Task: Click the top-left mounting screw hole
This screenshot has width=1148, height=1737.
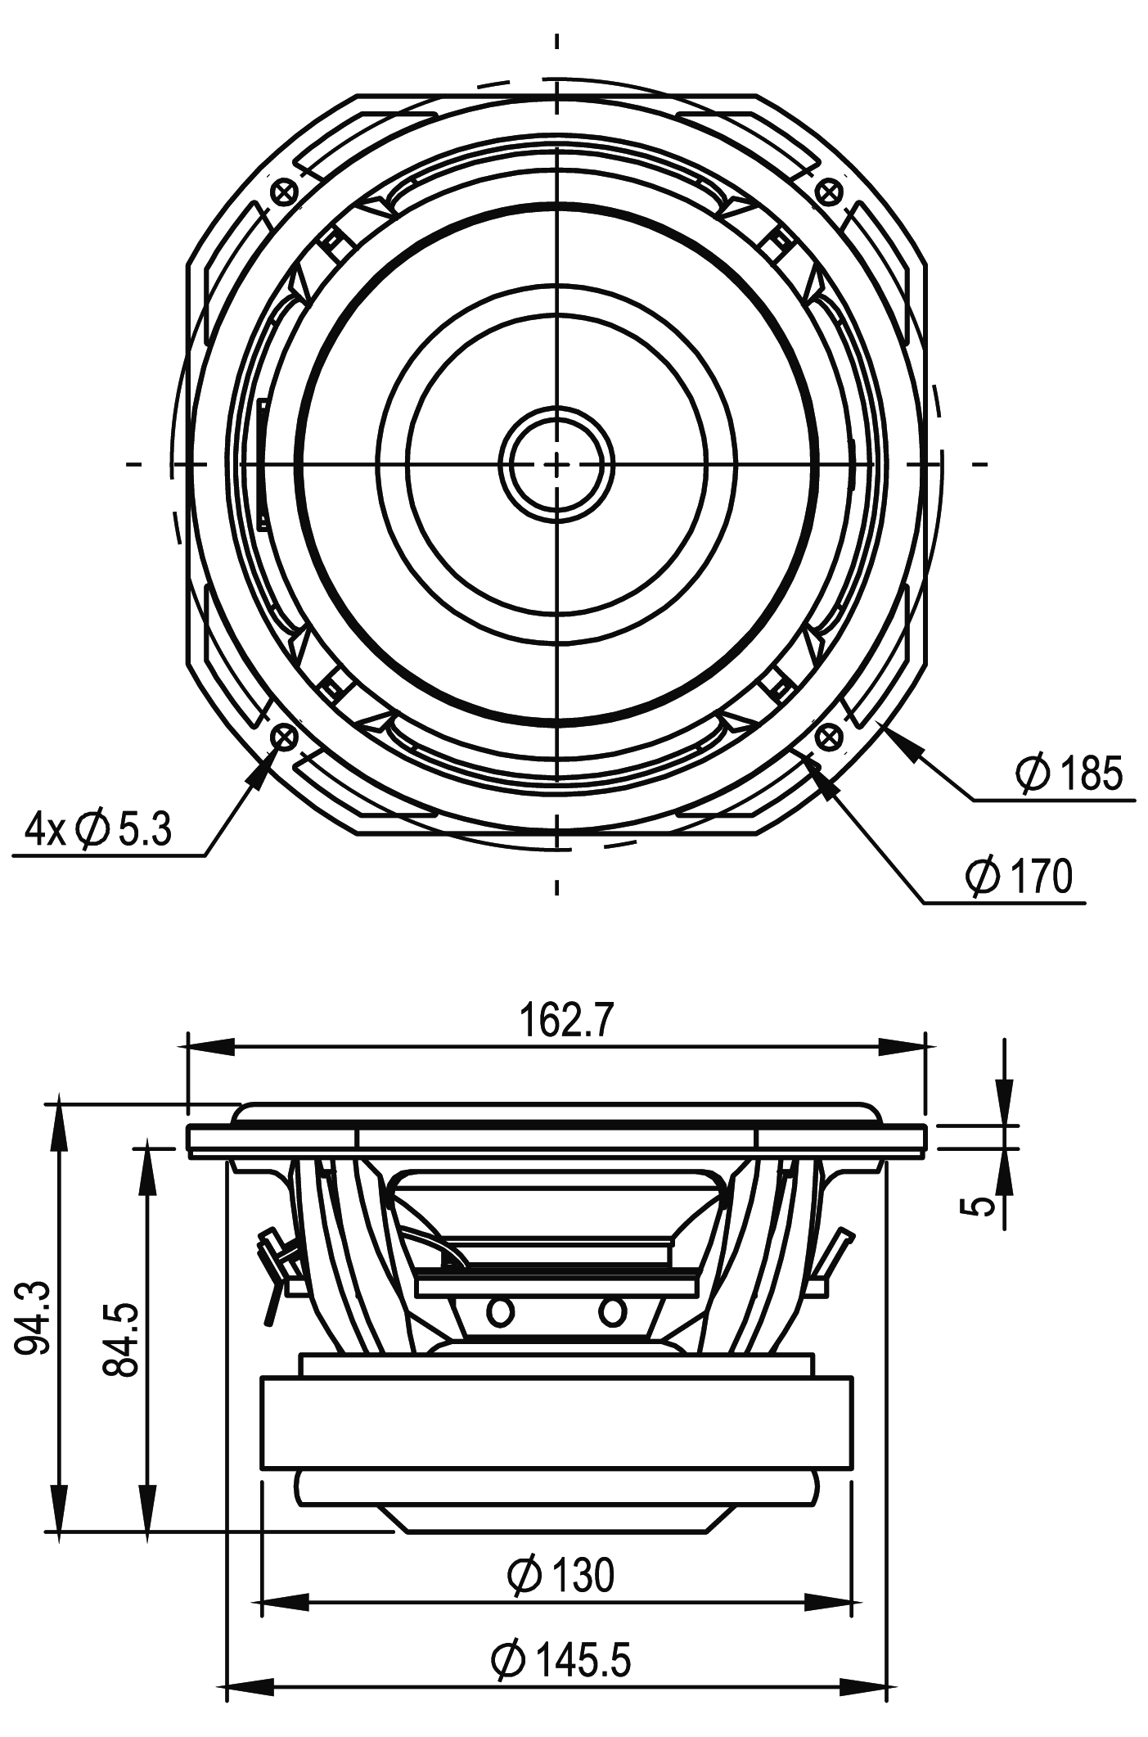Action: (284, 193)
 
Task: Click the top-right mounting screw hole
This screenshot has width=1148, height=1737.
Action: (830, 193)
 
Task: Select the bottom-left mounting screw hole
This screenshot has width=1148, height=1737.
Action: (284, 738)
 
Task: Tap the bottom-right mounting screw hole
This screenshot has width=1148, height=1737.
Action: (830, 738)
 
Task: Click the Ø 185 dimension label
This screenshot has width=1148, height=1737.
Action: (1069, 774)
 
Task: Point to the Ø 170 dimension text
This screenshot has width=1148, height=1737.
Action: (1018, 877)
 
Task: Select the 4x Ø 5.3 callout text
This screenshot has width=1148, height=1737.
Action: (98, 830)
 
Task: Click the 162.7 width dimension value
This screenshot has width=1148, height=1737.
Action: (565, 1021)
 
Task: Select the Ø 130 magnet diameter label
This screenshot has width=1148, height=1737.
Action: (560, 1575)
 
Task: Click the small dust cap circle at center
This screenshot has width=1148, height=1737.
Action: (556, 464)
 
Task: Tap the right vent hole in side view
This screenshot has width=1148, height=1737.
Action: (612, 1312)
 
